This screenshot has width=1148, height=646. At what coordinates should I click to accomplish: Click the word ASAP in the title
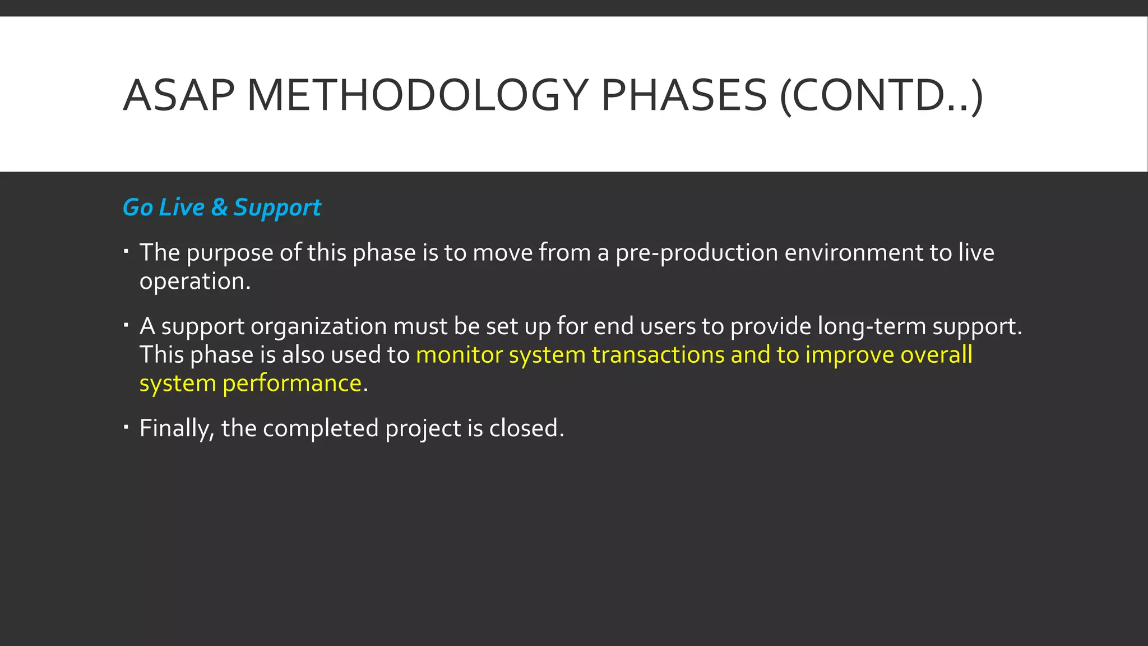pos(178,95)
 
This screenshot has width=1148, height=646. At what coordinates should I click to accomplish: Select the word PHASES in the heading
pos(683,95)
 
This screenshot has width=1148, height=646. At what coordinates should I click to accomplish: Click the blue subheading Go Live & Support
pos(221,207)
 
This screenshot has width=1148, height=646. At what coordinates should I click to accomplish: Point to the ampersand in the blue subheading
pos(219,207)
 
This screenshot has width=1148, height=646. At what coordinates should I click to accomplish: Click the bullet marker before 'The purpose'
pos(127,251)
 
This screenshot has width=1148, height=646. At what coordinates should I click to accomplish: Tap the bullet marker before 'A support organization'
pos(127,324)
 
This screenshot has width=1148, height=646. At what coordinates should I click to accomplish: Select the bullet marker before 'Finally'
pos(127,426)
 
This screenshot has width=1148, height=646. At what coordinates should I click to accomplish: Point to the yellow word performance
pos(292,384)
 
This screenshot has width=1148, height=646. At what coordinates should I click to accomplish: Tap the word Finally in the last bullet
pos(177,429)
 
